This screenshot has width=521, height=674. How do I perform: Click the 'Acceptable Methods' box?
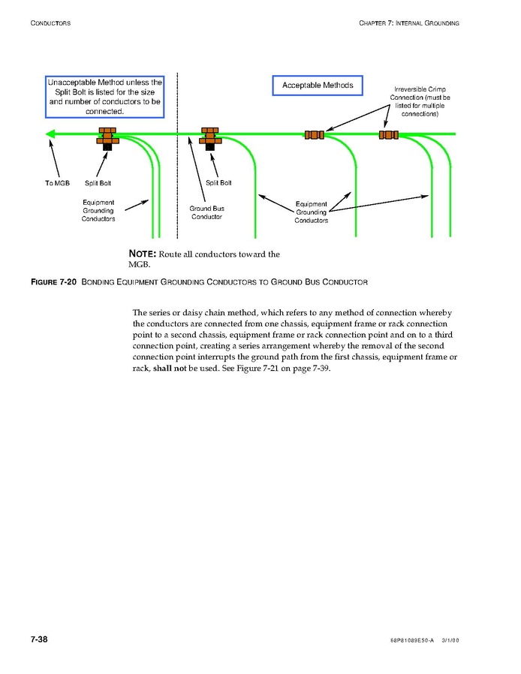[x=318, y=86]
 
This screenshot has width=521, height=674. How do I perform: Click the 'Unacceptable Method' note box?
[x=104, y=96]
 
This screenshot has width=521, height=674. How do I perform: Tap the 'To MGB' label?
[x=57, y=183]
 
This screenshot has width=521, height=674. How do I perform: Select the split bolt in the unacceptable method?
[x=107, y=137]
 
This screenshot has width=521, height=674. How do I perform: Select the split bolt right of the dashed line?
[x=210, y=137]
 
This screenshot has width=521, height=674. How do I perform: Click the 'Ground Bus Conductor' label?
[x=206, y=212]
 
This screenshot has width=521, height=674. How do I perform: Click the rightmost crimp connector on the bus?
[x=388, y=135]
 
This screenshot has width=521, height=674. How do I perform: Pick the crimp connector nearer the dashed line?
[x=314, y=135]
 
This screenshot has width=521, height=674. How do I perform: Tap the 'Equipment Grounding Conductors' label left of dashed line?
[x=98, y=211]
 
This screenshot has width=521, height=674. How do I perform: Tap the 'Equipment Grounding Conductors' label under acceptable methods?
[x=311, y=212]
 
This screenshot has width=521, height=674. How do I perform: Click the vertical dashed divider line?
[x=177, y=188]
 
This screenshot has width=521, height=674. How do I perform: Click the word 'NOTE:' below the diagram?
[x=143, y=254]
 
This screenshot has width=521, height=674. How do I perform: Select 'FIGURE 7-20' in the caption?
[x=53, y=282]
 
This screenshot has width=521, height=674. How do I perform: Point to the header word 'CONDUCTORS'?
[x=50, y=23]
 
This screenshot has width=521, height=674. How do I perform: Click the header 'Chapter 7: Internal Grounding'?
[x=409, y=23]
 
